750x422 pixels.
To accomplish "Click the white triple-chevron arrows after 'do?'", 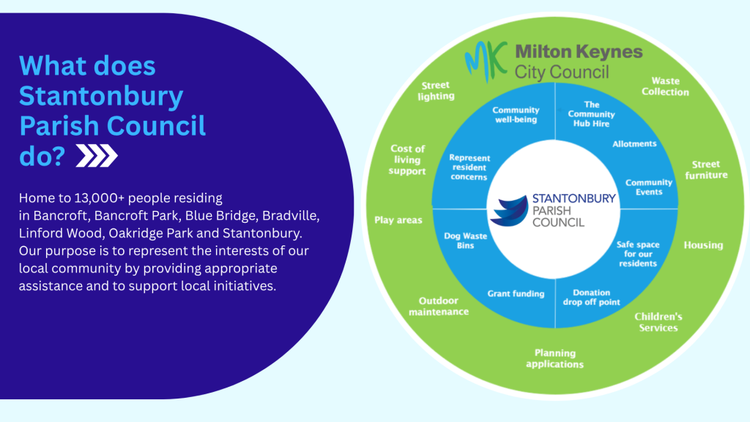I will click(96, 156).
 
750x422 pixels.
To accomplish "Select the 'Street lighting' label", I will click(436, 91).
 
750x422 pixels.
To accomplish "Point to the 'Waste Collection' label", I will click(665, 86).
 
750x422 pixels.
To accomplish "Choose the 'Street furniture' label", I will click(706, 169).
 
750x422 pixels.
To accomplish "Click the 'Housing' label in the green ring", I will click(703, 245).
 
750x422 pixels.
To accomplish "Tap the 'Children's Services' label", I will click(658, 322).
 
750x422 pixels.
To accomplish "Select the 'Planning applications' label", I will click(554, 358).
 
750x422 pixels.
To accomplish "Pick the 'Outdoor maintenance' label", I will click(443, 306).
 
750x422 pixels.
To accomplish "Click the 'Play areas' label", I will click(398, 220).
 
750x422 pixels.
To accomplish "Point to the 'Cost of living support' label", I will click(408, 160).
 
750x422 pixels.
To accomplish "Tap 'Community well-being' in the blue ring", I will click(516, 115).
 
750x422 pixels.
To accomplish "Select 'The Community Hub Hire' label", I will click(592, 114).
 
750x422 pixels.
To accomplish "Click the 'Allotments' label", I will click(634, 144).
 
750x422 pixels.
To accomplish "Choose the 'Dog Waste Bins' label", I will click(460, 240).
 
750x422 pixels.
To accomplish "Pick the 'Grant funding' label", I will click(516, 294).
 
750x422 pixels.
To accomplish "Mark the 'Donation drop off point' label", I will click(591, 297).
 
